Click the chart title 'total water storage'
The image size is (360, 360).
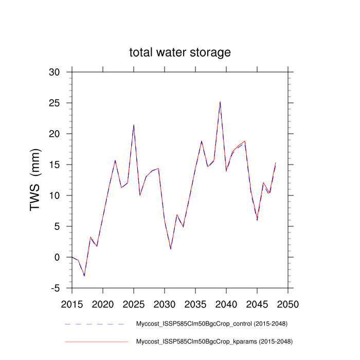coord(179,52)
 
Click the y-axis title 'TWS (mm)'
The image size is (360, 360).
coord(35,180)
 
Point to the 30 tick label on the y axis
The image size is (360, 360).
coord(55,72)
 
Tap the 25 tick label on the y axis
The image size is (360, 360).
coord(55,103)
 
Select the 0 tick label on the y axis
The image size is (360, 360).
coord(58,257)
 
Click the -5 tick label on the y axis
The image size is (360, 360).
coord(55,288)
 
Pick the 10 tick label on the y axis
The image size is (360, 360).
coord(55,195)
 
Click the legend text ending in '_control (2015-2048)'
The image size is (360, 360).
coord(211,324)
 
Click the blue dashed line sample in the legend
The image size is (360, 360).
coord(95,324)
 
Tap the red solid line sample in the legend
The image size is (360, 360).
coord(95,341)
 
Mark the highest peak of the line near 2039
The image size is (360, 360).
coord(220,102)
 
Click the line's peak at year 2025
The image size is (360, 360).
coord(134,125)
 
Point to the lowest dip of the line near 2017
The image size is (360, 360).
coord(84,276)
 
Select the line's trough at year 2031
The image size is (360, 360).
coord(171,249)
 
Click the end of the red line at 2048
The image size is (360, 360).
coord(276,163)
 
